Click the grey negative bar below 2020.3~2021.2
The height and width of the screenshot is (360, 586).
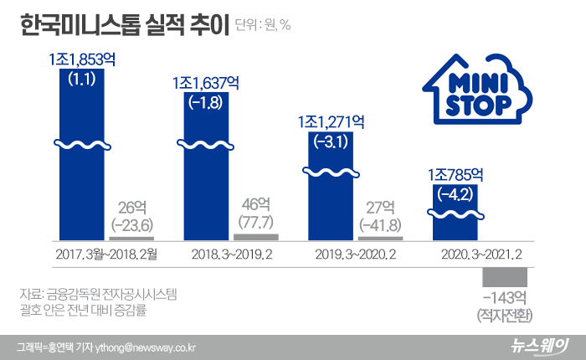pyautogui.click(x=505, y=276)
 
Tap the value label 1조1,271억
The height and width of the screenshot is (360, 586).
pyautogui.click(x=330, y=122)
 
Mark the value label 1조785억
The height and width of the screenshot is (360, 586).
pyautogui.click(x=455, y=175)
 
